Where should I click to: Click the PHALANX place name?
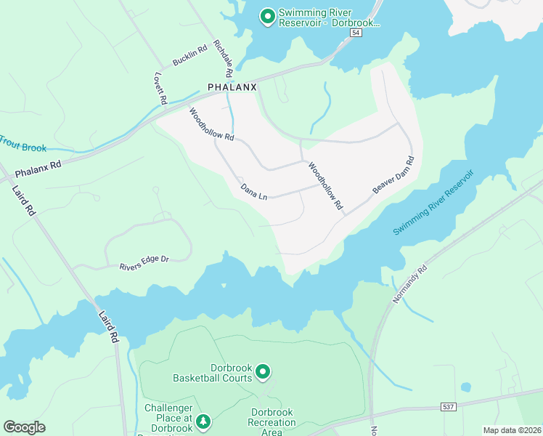click(233, 86)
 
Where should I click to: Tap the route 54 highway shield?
click(355, 33)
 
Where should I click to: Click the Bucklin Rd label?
click(190, 55)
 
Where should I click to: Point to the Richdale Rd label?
click(223, 59)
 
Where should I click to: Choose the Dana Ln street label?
click(255, 192)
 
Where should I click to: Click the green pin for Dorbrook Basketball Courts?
click(263, 372)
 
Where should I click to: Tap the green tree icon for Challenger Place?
click(204, 421)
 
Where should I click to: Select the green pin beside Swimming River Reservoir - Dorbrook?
click(267, 15)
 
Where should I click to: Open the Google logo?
click(25, 427)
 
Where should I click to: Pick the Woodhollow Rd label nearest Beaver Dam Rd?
click(324, 186)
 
